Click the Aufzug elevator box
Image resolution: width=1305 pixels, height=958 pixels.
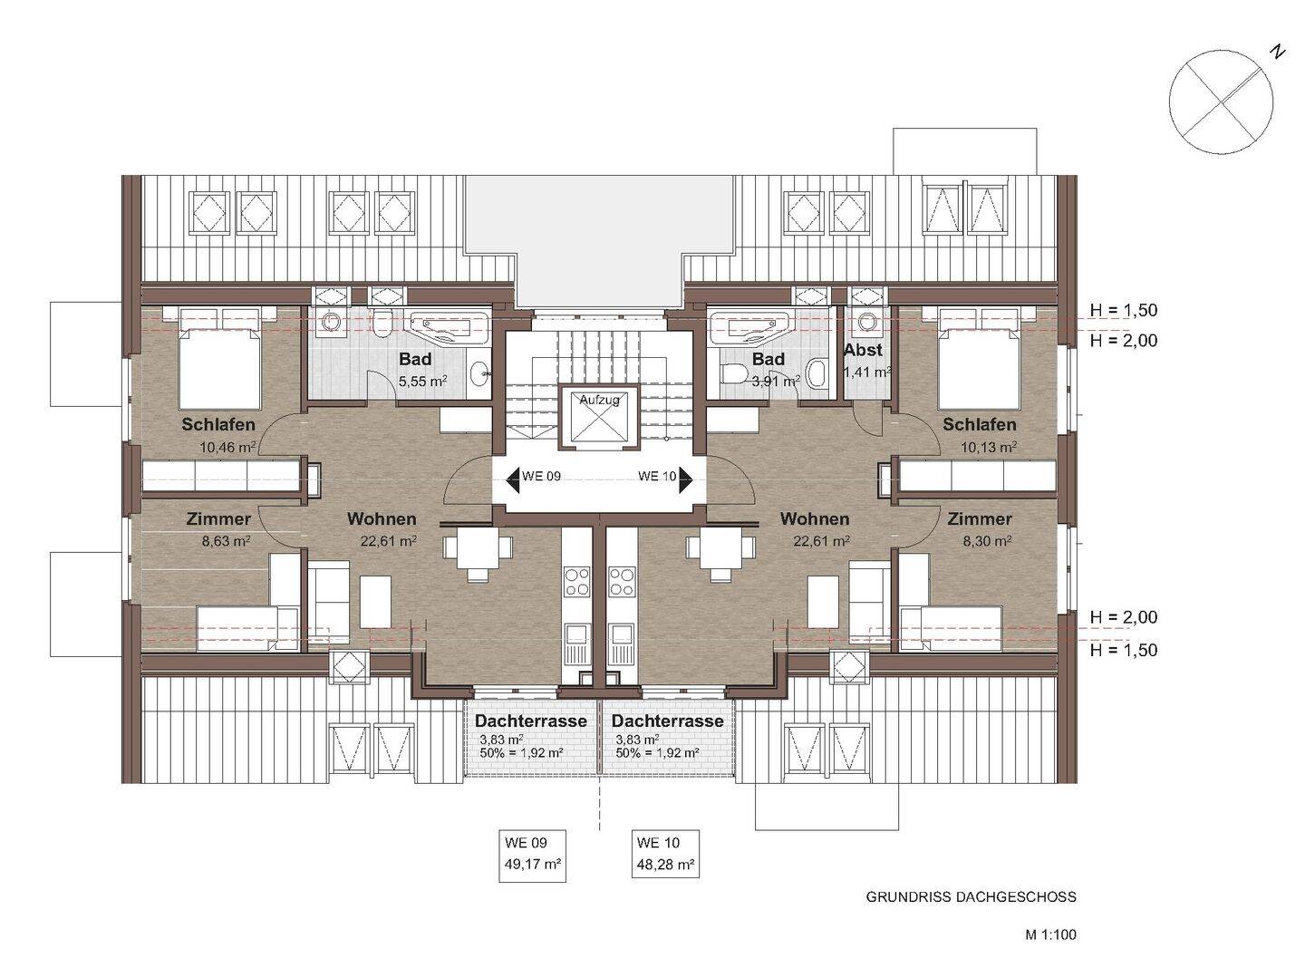pos(600,418)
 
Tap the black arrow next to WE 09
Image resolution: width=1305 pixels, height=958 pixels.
pos(513,480)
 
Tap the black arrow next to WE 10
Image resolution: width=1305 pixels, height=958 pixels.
pos(686,480)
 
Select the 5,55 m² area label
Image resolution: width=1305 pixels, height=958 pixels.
pos(423,382)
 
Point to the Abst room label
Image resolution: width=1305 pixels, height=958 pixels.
pos(863,350)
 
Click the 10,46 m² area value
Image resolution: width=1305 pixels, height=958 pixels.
pos(228,448)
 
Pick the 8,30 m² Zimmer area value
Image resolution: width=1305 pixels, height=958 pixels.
pos(987,541)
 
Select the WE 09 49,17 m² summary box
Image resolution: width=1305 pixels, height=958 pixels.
pos(533,855)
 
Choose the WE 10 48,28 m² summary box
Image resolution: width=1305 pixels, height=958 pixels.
pos(665,854)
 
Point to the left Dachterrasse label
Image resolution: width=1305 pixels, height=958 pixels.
pos(531,721)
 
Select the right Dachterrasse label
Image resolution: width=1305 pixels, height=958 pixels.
pos(668,721)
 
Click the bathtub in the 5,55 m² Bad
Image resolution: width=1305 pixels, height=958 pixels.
pos(449,329)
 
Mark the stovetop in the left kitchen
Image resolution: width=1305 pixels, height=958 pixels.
pos(576,582)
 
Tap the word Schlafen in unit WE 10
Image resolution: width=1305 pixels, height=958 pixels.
pos(980,424)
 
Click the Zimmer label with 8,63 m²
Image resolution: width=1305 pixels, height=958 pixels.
pos(218,518)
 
